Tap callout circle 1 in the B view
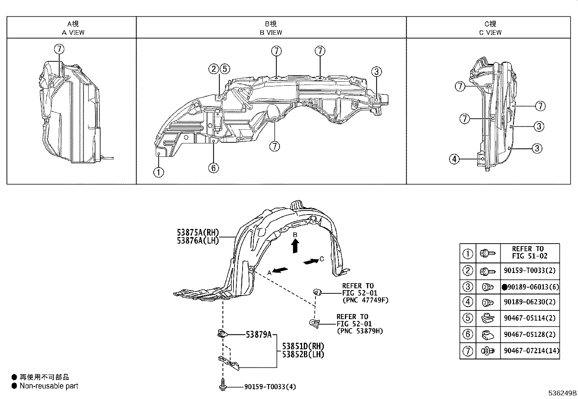pyautogui.click(x=159, y=172)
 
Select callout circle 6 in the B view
pyautogui.click(x=213, y=167)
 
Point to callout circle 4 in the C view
pyautogui.click(x=454, y=159)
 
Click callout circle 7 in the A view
pyautogui.click(x=59, y=49)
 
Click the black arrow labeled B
pyautogui.click(x=295, y=245)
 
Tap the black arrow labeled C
pyautogui.click(x=311, y=261)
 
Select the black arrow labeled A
pyautogui.click(x=280, y=270)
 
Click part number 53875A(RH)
pyautogui.click(x=198, y=232)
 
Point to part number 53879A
pyautogui.click(x=259, y=335)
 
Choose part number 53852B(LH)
pyautogui.click(x=303, y=354)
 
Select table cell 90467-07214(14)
pyautogui.click(x=532, y=351)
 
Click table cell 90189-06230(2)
pyautogui.click(x=530, y=302)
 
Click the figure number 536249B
pyautogui.click(x=562, y=393)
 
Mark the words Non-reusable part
pyautogui.click(x=49, y=386)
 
